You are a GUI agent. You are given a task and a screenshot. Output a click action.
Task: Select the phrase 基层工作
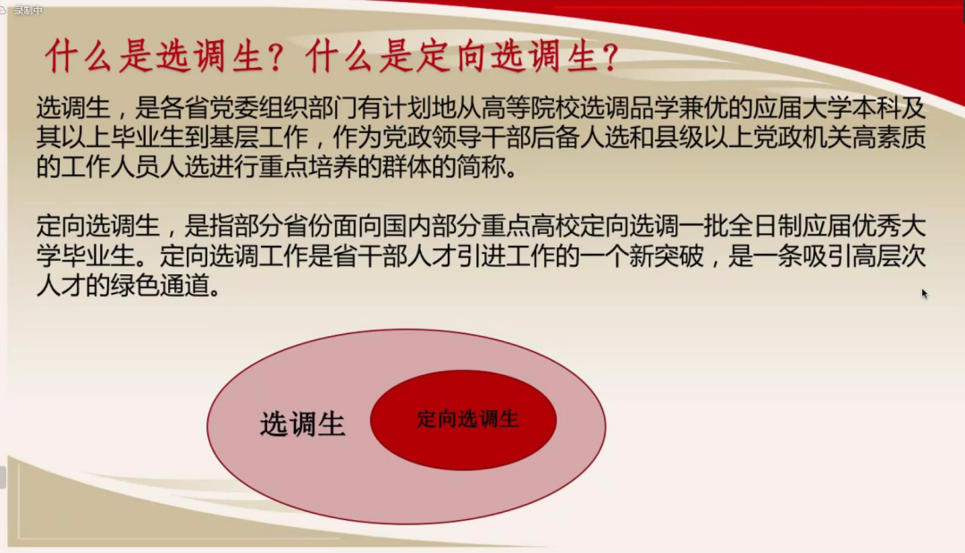[x=281, y=138]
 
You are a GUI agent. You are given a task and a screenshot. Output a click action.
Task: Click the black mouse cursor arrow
[x=924, y=293]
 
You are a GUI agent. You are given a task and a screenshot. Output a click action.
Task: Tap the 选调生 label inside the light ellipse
[x=302, y=424]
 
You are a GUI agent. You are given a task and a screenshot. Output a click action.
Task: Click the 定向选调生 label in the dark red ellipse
[x=467, y=418]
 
